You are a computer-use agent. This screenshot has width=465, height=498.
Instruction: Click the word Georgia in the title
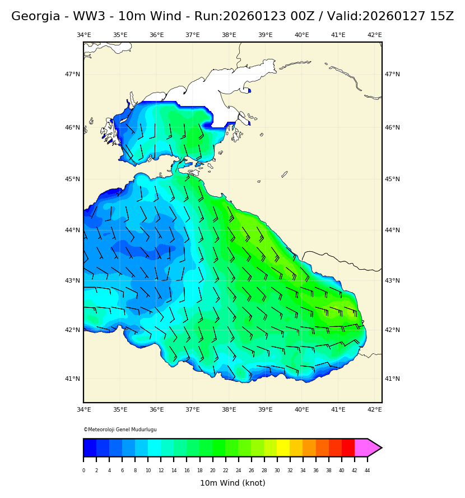[32, 17]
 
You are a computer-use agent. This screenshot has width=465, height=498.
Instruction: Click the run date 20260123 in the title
[247, 17]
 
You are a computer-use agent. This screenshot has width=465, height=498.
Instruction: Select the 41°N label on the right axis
[392, 379]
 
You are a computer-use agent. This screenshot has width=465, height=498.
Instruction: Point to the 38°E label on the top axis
[229, 35]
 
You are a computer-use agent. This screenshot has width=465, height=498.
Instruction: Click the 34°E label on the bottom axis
[83, 410]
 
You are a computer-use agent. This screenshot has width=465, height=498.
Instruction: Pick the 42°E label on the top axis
[374, 35]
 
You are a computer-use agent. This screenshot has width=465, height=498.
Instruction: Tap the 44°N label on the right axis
[392, 230]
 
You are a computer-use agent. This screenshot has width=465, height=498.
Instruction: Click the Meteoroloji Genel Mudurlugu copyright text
[120, 430]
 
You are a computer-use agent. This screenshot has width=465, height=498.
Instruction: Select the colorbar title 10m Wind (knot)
[232, 483]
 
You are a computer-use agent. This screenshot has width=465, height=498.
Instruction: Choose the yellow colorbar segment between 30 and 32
[283, 448]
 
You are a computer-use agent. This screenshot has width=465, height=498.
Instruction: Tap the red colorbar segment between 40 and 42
[348, 448]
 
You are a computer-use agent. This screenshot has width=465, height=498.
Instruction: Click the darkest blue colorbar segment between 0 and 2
[90, 448]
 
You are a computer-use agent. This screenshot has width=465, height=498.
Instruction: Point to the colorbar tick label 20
[212, 471]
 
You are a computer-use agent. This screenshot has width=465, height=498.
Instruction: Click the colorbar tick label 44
[368, 471]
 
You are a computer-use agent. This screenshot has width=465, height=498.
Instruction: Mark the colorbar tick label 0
[83, 471]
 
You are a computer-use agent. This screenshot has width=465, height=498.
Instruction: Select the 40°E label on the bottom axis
[301, 410]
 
